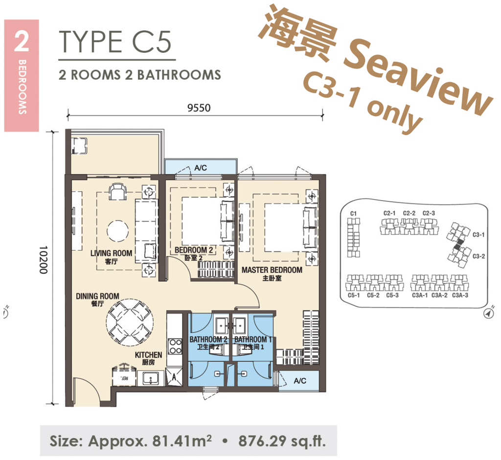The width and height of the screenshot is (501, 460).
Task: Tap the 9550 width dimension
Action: [x=198, y=108]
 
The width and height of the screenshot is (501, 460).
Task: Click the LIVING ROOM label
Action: [x=112, y=253]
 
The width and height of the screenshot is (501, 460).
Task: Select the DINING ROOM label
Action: [x=97, y=296]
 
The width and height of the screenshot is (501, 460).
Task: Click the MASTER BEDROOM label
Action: [x=272, y=270]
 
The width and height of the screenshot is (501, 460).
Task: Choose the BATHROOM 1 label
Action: [x=253, y=340]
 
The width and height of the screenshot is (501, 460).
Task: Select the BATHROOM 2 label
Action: [x=208, y=340]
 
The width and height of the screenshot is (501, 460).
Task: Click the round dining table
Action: [x=130, y=322]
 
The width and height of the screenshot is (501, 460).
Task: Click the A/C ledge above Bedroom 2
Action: [x=201, y=167]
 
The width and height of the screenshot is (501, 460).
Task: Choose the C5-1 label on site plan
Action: [x=353, y=295]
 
